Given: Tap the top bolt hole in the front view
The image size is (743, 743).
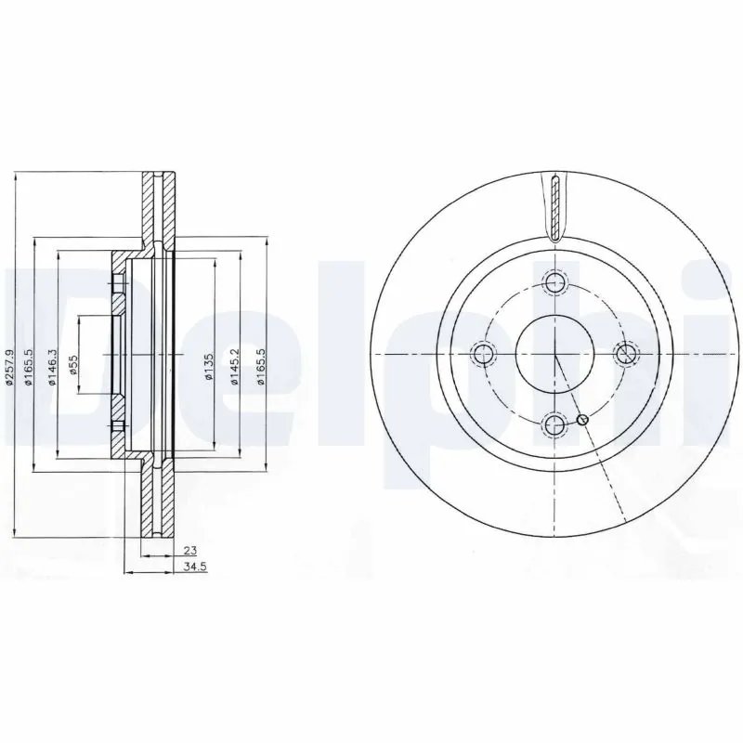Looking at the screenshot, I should [554, 284].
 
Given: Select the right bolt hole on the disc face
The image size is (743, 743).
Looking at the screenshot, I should [626, 353].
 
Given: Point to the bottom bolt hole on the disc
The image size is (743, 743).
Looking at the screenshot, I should [554, 425].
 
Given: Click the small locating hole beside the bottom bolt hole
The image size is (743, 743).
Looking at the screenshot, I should [582, 422].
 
